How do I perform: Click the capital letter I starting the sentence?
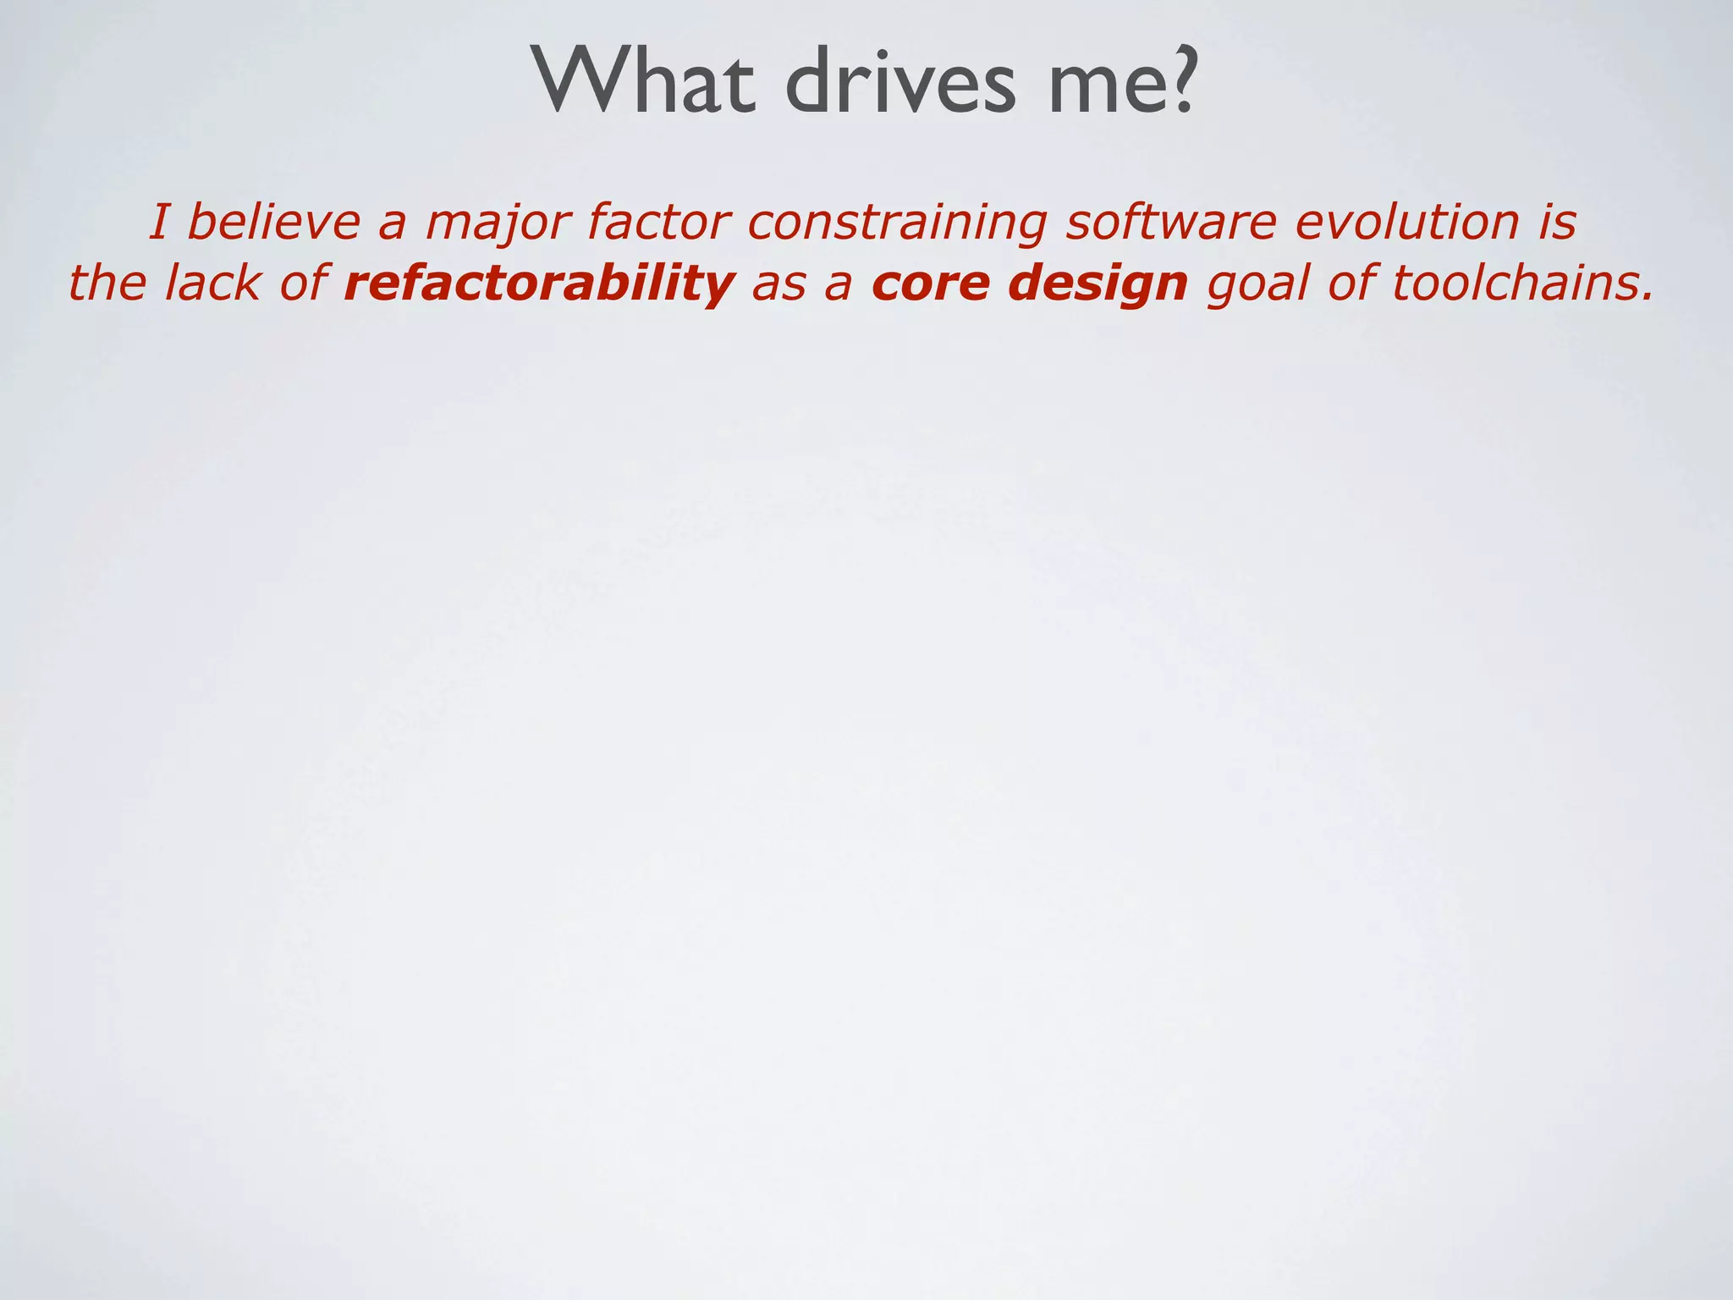(157, 222)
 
